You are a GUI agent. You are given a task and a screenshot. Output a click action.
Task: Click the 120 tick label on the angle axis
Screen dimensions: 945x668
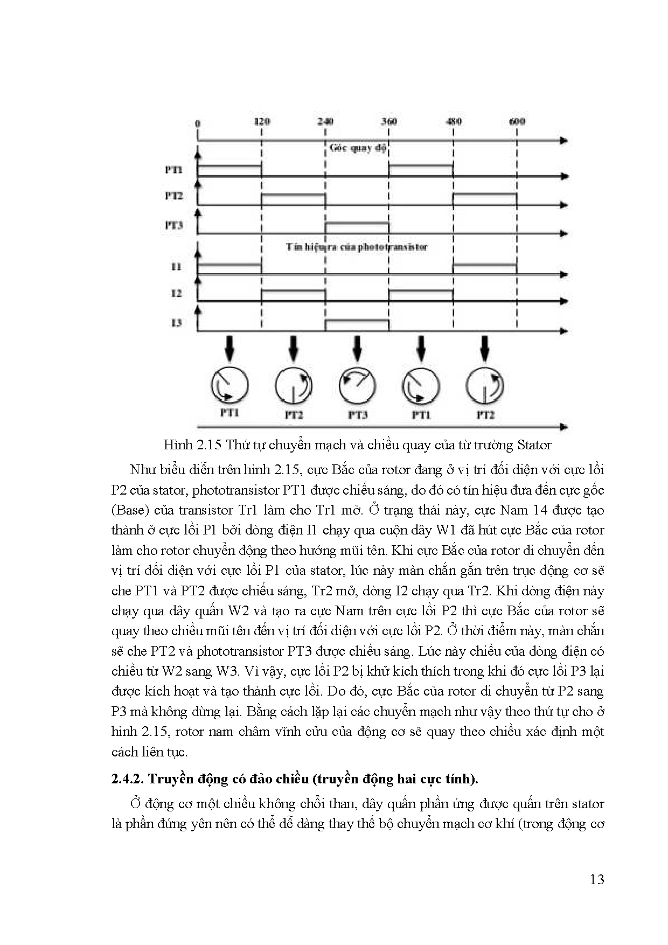(261, 121)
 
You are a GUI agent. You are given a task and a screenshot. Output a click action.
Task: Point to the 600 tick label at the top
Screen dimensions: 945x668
(517, 121)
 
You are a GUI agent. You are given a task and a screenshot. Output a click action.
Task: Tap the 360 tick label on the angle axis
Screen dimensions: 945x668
(389, 121)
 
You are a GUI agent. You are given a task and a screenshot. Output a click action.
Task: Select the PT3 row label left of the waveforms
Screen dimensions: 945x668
(173, 225)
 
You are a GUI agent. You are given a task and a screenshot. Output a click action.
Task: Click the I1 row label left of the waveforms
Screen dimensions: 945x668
(176, 267)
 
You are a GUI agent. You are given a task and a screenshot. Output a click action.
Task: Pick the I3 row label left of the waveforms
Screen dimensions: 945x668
(176, 323)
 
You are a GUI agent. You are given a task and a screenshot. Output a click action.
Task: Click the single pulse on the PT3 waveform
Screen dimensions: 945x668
(357, 227)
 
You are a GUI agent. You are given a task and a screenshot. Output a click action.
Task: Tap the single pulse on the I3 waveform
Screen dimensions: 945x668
(357, 325)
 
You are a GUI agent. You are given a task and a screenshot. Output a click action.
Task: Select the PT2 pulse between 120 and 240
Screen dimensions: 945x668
(294, 199)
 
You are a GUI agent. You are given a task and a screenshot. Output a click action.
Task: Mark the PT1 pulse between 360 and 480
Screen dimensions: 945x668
(421, 170)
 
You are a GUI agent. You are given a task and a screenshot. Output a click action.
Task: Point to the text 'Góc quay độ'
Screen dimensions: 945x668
(358, 148)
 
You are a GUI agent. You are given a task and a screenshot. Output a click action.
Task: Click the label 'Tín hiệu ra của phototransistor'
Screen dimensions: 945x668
(357, 247)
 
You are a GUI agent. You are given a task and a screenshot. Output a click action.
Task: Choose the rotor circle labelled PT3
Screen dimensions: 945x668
(357, 386)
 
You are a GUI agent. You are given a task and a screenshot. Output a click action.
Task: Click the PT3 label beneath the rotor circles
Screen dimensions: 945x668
(357, 415)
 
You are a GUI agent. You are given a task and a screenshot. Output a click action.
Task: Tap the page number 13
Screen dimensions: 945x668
(597, 879)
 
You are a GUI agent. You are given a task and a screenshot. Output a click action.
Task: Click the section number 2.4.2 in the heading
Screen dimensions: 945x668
(127, 779)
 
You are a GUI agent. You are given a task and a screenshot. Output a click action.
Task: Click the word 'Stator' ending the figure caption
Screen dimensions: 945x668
(534, 445)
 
